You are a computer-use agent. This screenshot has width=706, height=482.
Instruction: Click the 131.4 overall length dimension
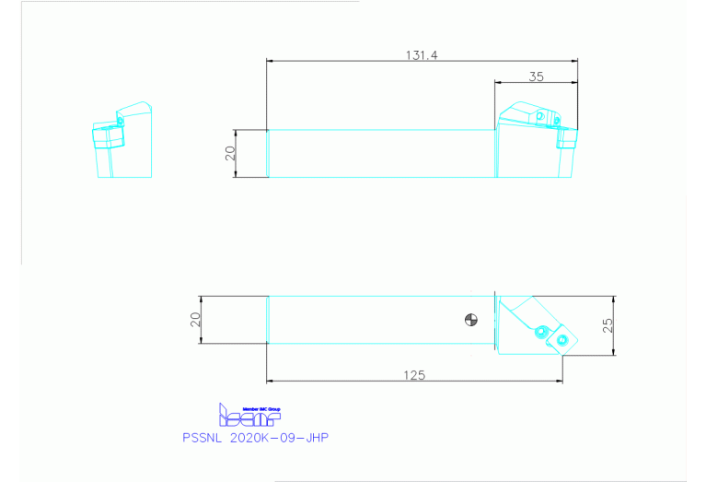tap(421, 55)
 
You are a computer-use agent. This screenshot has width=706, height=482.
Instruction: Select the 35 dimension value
tap(536, 76)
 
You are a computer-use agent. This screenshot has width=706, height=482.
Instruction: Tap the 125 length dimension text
tap(413, 375)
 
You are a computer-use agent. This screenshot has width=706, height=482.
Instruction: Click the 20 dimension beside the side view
tap(231, 153)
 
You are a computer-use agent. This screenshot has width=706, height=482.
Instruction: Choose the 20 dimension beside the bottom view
tap(194, 320)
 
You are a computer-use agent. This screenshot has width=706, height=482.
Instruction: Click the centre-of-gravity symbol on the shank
tap(471, 320)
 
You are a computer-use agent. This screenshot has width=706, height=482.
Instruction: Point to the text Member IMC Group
tap(260, 407)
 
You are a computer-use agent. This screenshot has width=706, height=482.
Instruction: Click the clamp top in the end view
tap(135, 111)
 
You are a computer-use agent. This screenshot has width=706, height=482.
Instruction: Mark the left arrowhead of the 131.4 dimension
tap(270, 61)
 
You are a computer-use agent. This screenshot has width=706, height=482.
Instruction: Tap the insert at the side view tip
tap(568, 139)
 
